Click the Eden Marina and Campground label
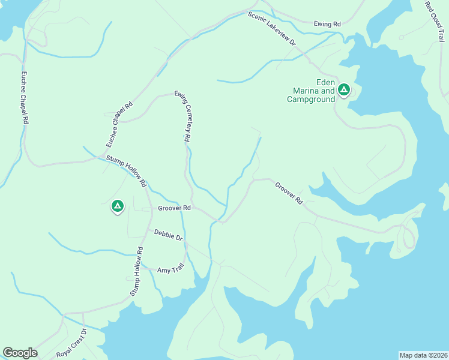310,91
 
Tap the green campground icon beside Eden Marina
343,90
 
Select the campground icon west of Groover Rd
118,207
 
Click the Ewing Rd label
327,24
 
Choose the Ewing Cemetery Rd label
183,116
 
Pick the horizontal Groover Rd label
174,208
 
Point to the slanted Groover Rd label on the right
289,193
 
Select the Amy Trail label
170,269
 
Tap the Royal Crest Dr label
72,343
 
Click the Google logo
20,353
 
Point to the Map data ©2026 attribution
423,355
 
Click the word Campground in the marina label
310,99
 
